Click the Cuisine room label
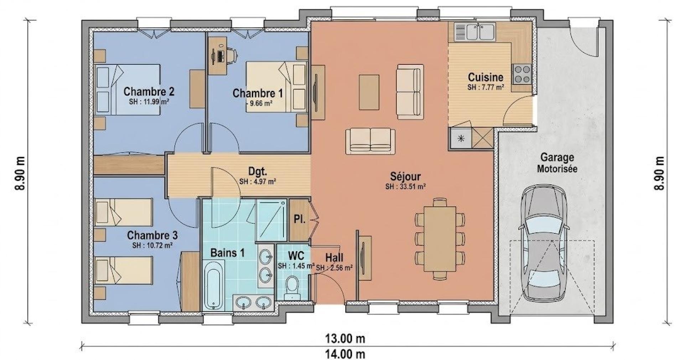(x=486, y=77)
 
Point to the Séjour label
(x=405, y=176)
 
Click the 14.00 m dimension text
(x=345, y=354)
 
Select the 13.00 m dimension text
(x=345, y=338)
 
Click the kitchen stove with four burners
(x=522, y=74)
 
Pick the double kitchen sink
(x=480, y=31)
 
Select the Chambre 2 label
(x=149, y=92)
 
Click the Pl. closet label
(x=299, y=219)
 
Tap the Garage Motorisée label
(x=557, y=163)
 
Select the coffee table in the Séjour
(x=369, y=92)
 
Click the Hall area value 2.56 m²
(x=334, y=268)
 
